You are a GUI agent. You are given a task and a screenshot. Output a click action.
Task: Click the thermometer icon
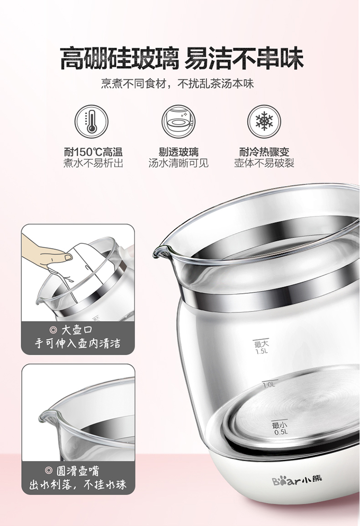[91, 121]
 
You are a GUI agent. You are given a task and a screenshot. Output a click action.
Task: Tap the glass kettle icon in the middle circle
[178, 121]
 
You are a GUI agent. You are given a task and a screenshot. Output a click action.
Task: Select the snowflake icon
[264, 121]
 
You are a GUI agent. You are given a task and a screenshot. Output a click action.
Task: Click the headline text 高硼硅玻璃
[119, 58]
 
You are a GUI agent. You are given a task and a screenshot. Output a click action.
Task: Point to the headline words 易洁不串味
[244, 58]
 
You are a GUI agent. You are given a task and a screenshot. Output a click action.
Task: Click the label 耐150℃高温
[93, 152]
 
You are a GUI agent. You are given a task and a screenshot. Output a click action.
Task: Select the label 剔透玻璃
[179, 152]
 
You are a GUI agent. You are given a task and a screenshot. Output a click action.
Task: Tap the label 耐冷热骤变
[264, 152]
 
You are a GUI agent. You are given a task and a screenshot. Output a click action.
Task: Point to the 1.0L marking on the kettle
[269, 385]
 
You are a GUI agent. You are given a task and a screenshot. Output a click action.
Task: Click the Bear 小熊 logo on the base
[297, 481]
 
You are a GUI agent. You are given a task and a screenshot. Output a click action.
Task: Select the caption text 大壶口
[76, 330]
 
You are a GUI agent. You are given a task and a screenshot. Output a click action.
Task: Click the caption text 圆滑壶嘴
[78, 471]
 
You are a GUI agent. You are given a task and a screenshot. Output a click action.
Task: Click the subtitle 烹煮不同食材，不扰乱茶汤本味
[178, 84]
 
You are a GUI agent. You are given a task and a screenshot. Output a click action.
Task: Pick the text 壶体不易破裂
[264, 163]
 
